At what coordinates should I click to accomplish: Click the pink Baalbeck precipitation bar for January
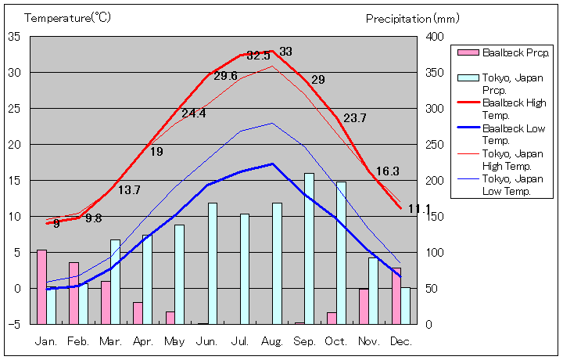(x=41, y=286)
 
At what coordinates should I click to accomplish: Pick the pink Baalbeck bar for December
(x=396, y=295)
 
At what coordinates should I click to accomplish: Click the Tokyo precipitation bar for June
(x=212, y=263)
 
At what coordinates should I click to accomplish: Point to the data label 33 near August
(x=285, y=52)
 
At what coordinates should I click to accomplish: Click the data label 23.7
(x=354, y=118)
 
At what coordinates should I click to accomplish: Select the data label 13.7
(x=129, y=190)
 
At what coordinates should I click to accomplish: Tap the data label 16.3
(x=387, y=171)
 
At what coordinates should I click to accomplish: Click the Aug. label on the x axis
(x=272, y=341)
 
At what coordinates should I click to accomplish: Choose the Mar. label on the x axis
(x=110, y=341)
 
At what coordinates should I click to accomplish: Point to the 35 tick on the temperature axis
(x=15, y=36)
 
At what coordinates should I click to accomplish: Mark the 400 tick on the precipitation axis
(x=436, y=36)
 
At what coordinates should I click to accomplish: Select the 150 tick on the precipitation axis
(x=436, y=217)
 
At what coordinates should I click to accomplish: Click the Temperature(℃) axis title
(x=68, y=17)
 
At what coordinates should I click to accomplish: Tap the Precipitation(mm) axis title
(x=413, y=18)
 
